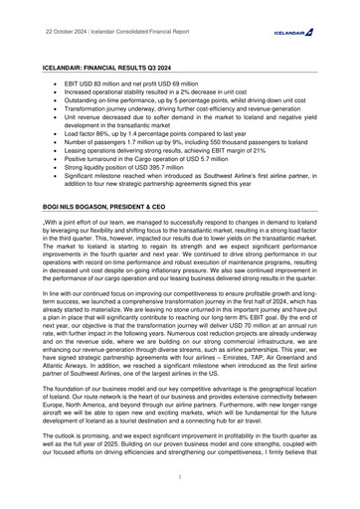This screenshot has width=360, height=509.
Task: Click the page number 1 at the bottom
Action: (x=180, y=477)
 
